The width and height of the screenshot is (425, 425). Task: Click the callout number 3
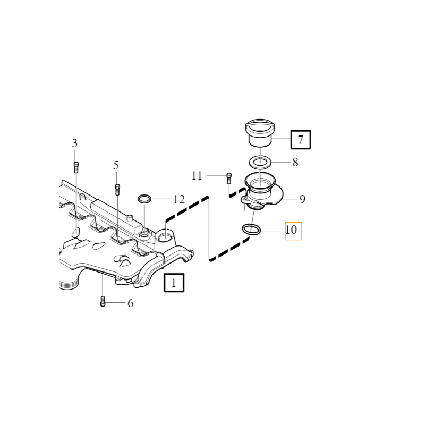click(x=75, y=143)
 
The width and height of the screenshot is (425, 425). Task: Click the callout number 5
click(x=116, y=166)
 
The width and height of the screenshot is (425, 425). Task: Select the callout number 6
click(x=130, y=303)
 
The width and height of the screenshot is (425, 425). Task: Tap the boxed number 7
click(x=300, y=140)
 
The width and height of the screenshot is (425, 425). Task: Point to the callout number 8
click(x=295, y=163)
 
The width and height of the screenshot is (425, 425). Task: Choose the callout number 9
click(x=302, y=199)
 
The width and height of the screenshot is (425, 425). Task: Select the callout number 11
click(x=197, y=175)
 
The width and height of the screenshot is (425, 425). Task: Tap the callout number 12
click(x=178, y=200)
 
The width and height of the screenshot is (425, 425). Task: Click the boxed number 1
click(x=174, y=283)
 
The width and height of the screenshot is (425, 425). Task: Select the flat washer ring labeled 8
click(x=260, y=162)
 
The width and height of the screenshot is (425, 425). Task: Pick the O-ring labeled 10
click(x=251, y=229)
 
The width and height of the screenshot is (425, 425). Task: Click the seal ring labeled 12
click(x=144, y=199)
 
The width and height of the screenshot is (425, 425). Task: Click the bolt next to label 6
click(x=103, y=302)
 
